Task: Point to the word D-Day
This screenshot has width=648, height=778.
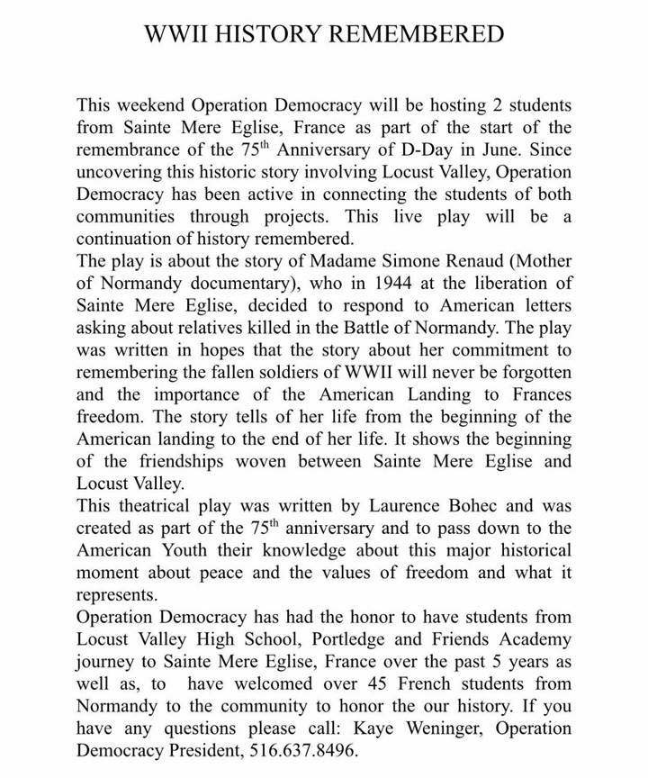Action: pyautogui.click(x=477, y=150)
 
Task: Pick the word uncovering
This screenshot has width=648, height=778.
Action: pyautogui.click(x=123, y=172)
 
